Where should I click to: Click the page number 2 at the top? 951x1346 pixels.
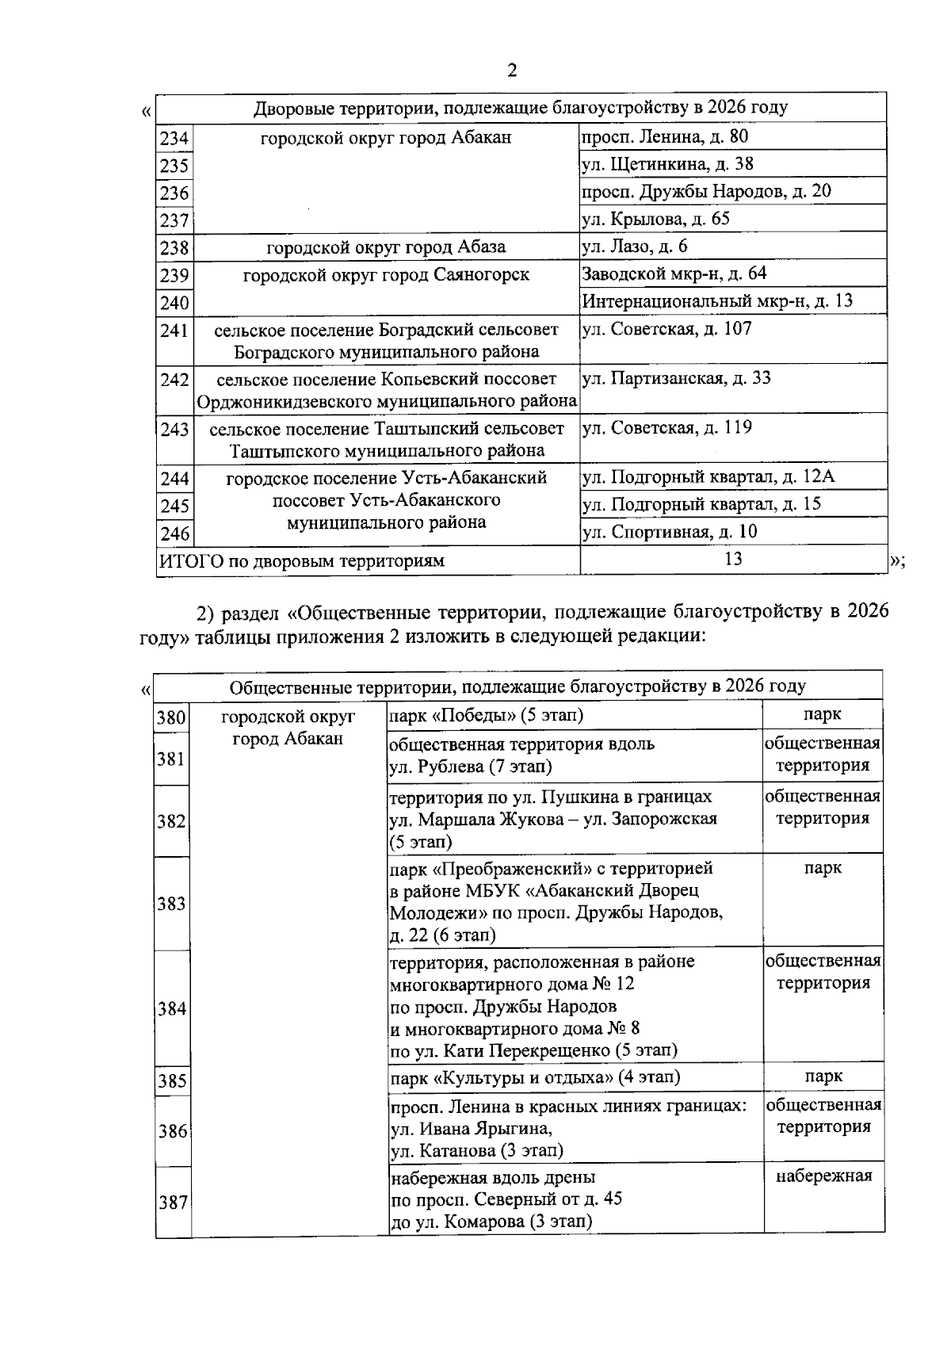[x=512, y=71]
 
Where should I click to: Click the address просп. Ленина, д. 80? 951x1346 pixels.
[x=665, y=136]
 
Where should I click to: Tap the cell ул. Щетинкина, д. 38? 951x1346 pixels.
[x=667, y=164]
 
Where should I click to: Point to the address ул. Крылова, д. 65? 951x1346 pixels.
[x=655, y=219]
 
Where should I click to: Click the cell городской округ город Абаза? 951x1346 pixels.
[x=386, y=247]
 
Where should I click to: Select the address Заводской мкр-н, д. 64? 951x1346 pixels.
[x=674, y=273]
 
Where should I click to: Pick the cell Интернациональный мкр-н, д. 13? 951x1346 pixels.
[x=717, y=301]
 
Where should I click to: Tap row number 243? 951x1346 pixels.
[x=174, y=430]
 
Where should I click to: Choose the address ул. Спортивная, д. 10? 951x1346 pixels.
[x=670, y=532]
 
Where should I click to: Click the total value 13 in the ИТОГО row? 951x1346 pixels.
[x=733, y=559]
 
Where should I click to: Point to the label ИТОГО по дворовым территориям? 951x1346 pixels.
[x=302, y=561]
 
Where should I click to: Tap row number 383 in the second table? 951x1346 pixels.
[x=172, y=904]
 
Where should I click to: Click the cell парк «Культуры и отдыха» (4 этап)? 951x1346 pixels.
[x=535, y=1077]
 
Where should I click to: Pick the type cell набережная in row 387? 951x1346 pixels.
[x=823, y=1176]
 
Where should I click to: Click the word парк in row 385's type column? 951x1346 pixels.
[x=823, y=1076]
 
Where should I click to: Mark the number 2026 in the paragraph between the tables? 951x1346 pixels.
[x=868, y=612]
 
